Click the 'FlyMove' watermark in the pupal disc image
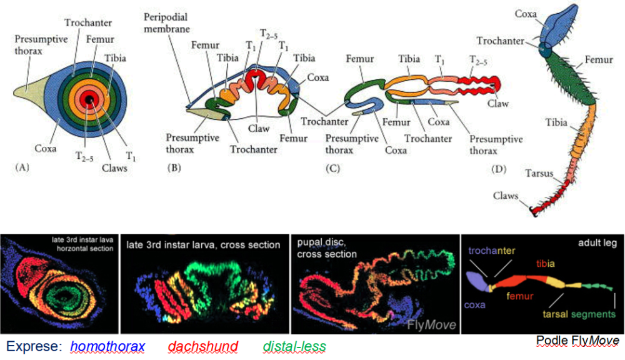(x=432, y=324)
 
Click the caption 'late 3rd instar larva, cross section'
(x=202, y=245)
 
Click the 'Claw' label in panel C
(x=499, y=103)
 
